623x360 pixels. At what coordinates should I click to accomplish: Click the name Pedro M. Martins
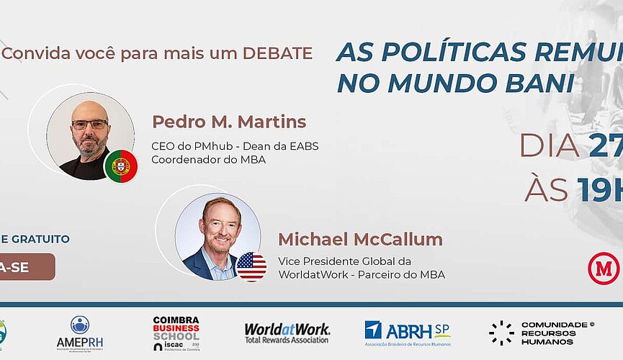point(228,122)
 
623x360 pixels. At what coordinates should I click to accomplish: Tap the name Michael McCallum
point(360,239)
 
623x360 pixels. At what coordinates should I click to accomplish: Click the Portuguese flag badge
point(121,166)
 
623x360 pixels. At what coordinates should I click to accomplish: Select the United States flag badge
point(251,266)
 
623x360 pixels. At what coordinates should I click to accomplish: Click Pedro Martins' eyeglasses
point(90,125)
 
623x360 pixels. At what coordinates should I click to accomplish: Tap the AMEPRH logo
point(80,333)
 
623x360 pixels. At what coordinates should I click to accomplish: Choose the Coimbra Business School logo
point(176,333)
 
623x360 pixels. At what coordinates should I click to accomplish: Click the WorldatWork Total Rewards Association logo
point(287,333)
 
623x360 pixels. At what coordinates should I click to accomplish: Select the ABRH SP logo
point(407,333)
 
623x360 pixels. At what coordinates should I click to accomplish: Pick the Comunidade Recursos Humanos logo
point(542,333)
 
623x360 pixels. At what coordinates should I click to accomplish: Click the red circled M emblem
point(604,269)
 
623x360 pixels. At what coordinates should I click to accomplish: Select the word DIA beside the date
point(549,145)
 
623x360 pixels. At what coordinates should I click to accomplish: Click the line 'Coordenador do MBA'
point(208,159)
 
